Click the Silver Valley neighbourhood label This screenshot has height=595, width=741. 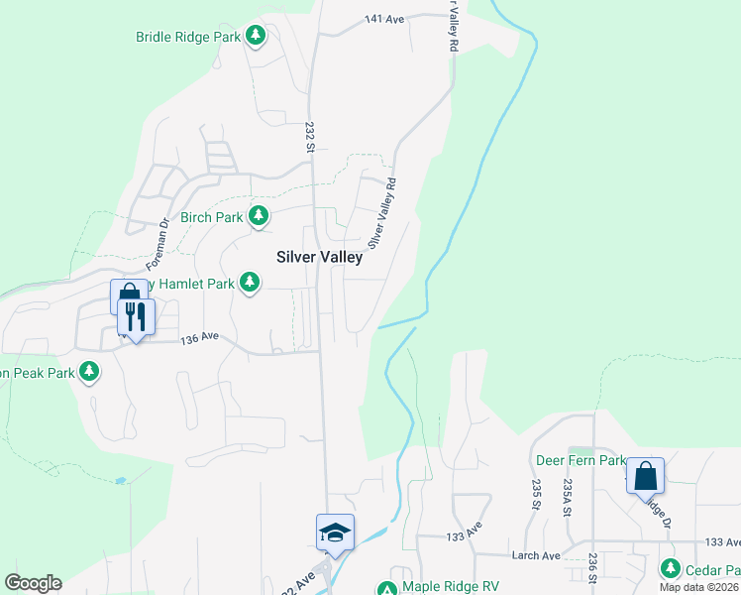[319, 256]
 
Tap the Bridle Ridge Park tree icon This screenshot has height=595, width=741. [257, 37]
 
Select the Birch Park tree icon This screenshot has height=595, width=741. [259, 215]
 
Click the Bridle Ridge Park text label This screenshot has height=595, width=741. [188, 37]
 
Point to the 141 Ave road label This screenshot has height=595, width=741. [385, 19]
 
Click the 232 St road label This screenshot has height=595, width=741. [309, 138]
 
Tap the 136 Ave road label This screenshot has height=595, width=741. [200, 339]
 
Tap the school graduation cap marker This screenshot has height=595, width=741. [335, 533]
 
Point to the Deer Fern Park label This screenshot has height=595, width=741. [580, 461]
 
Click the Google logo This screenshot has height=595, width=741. [33, 583]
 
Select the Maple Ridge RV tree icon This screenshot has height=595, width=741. [386, 588]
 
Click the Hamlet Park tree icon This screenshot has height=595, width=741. [251, 284]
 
